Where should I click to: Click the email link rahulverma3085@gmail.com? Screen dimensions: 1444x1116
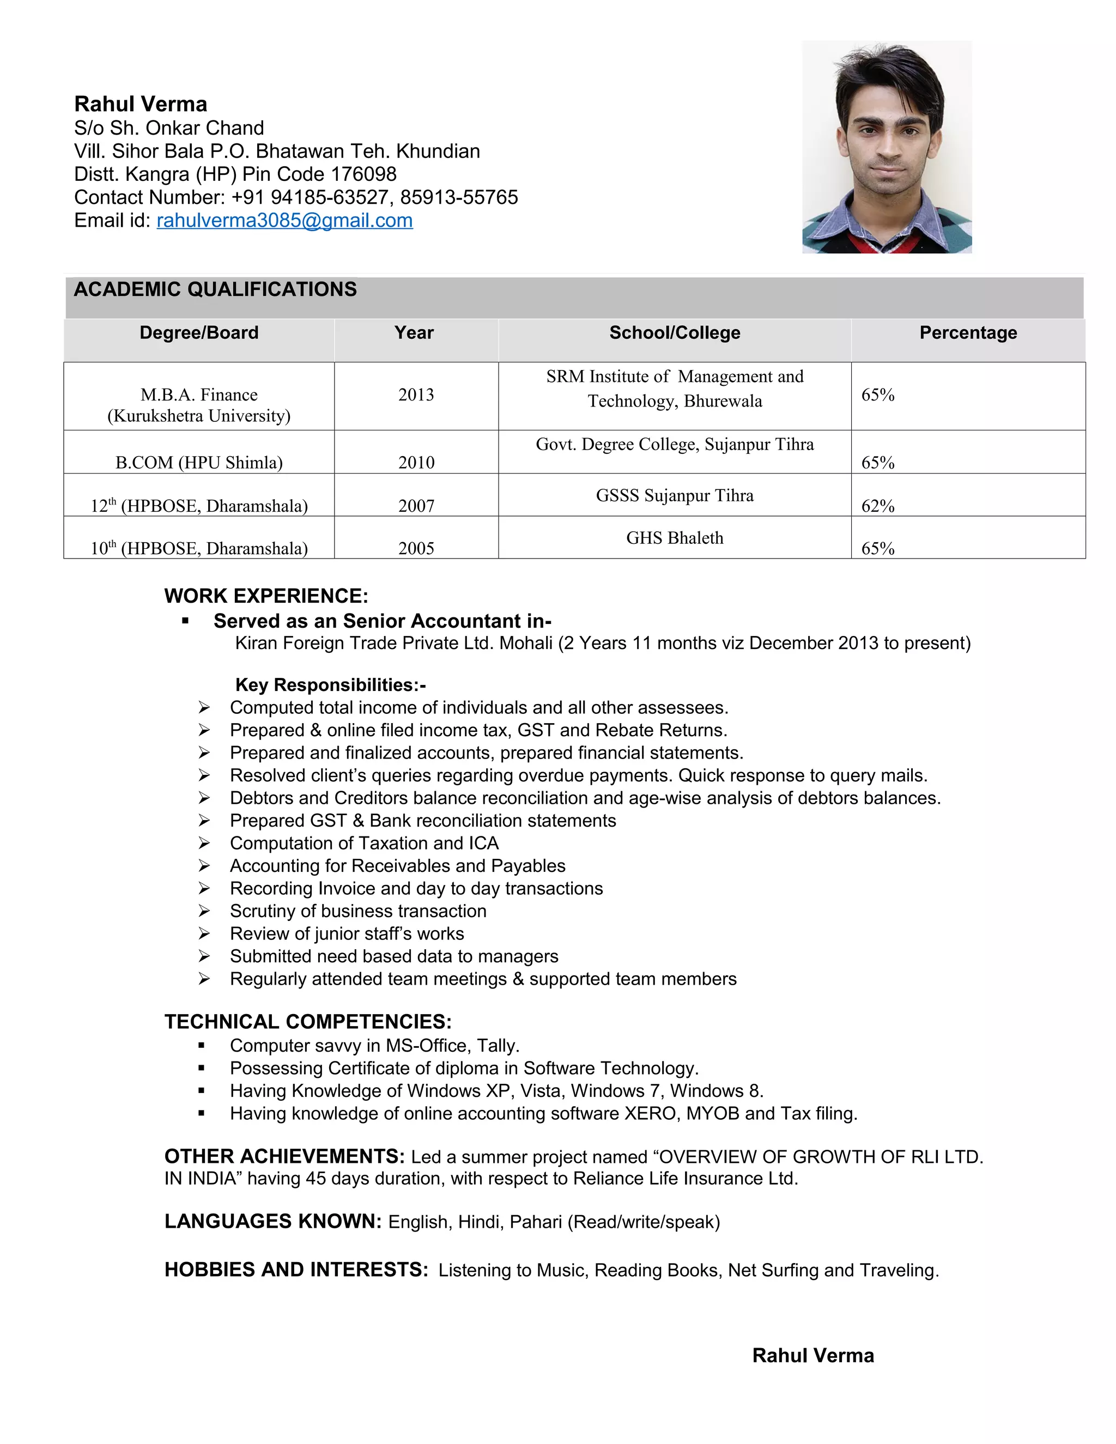284,220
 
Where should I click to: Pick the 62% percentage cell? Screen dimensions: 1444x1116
877,506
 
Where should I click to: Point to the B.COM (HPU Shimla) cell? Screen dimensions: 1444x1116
199,462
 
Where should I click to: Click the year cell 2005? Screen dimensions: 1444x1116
416,548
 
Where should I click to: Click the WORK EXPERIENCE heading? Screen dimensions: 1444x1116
266,596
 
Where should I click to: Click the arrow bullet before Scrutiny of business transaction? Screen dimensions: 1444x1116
204,911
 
